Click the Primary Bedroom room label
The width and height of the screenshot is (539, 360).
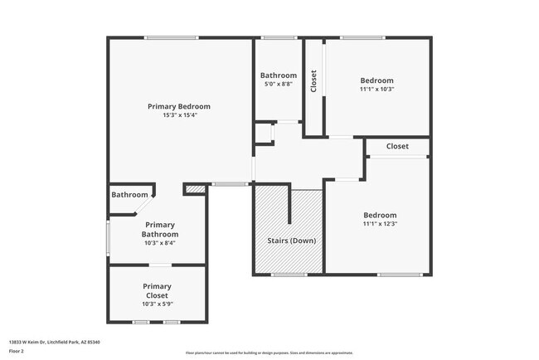pos(178,106)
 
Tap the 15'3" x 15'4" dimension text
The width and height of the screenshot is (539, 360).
pos(178,115)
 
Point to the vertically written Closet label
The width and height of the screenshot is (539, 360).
pos(313,81)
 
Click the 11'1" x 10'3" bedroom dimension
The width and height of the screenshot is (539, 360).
pos(376,90)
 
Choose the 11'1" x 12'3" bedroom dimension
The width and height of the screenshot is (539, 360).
pos(380,224)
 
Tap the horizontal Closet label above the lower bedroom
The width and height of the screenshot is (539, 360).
pos(397,147)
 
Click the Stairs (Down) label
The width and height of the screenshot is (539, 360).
pos(291,241)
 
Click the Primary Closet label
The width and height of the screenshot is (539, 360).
pos(157,291)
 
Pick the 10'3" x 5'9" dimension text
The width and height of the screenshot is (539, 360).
pos(157,304)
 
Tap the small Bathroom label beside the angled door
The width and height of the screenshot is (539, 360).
pos(129,195)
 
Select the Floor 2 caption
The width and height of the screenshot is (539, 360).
pos(17,351)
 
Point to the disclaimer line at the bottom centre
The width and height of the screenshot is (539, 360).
pos(269,352)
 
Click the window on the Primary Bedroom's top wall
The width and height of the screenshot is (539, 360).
pos(172,37)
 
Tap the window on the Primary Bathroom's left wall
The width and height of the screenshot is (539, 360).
pos(107,238)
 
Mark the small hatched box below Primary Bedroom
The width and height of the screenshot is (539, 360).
pos(194,190)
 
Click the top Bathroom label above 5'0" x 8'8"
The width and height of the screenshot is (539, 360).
pos(278,75)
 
